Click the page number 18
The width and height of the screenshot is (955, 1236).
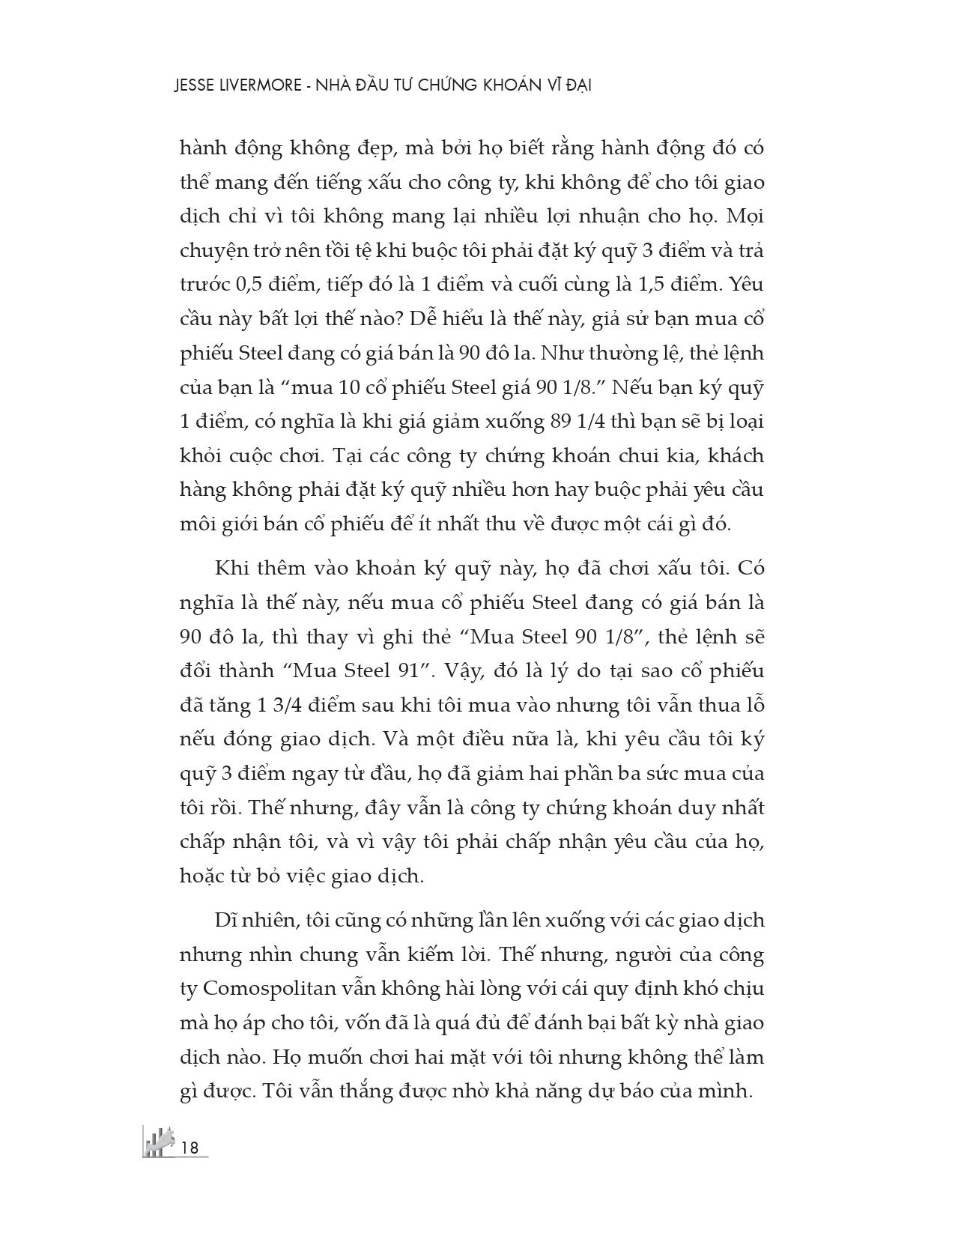tap(190, 1147)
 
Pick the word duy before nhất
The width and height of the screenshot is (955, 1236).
tap(676, 808)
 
